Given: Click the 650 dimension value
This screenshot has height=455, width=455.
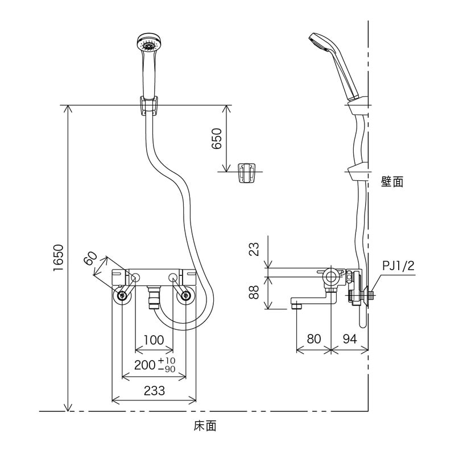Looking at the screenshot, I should [x=217, y=138].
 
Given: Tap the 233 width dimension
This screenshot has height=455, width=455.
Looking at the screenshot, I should [x=154, y=391].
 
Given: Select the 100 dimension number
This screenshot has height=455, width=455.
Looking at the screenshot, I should [x=154, y=340].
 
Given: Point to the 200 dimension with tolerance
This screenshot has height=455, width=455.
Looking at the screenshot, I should [x=154, y=365].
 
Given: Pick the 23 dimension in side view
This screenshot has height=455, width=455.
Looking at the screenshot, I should [x=254, y=250].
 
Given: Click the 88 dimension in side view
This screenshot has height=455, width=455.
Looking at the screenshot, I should [x=254, y=292].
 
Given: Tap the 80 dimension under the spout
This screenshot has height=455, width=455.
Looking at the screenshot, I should [x=313, y=339].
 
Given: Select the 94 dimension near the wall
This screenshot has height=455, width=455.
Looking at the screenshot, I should [x=350, y=339].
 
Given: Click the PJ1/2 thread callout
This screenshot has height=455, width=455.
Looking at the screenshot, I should [x=398, y=267].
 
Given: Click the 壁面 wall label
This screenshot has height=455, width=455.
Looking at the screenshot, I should [x=392, y=182].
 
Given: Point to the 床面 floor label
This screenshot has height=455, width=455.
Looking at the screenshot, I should [x=205, y=425].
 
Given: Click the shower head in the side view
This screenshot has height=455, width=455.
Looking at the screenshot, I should [x=320, y=44].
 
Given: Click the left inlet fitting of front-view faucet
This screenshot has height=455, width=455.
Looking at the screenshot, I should [x=122, y=295].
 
